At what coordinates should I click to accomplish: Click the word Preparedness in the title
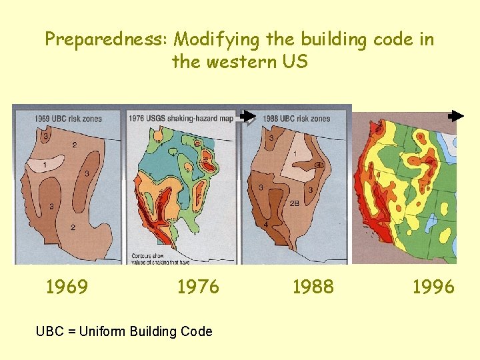tap(106, 40)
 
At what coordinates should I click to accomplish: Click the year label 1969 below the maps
tap(67, 287)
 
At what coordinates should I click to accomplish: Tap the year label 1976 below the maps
tap(198, 287)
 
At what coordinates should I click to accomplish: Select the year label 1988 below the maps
tap(313, 287)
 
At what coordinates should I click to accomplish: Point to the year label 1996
tap(433, 287)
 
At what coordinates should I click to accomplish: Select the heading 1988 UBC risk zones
tap(296, 119)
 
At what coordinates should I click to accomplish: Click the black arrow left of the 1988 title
tap(248, 116)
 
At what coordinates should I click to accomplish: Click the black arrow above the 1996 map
tap(456, 116)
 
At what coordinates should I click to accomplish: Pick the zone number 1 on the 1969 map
tap(45, 165)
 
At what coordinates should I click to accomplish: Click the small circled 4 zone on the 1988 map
tap(319, 165)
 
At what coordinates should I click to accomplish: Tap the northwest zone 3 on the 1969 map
tap(45, 137)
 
